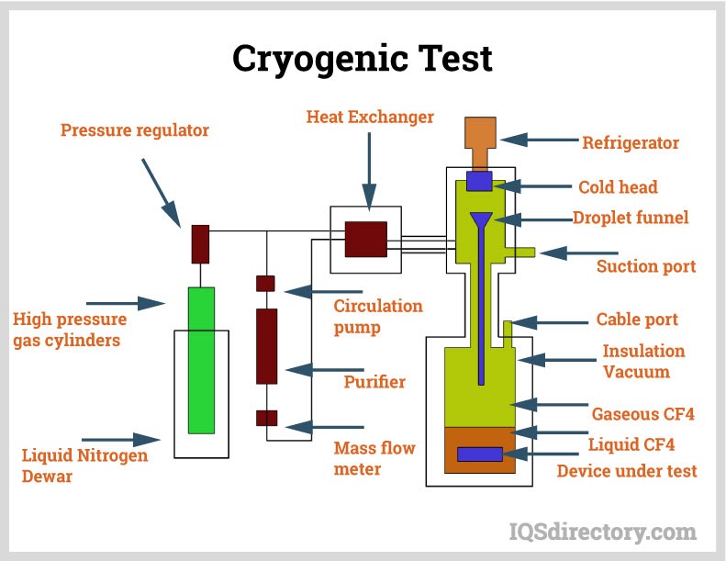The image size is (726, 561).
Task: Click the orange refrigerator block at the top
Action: point(480,135)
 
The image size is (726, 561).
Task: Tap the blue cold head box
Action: point(479,181)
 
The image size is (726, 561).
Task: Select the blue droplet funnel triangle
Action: point(481,220)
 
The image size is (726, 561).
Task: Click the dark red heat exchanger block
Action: point(365,239)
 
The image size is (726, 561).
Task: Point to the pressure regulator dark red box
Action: point(200,243)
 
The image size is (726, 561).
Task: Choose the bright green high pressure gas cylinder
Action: point(201,359)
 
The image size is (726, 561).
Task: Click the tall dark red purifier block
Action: point(266,346)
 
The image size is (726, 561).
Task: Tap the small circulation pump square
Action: point(265,283)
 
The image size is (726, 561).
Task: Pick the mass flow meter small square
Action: point(266,418)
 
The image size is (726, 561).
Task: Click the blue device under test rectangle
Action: point(480,454)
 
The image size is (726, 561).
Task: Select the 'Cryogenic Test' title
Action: point(363,59)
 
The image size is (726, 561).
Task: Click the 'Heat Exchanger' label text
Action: point(370,118)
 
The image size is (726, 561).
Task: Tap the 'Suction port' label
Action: point(646,267)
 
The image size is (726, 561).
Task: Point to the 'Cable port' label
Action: point(637,320)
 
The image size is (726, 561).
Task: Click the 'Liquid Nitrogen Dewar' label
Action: point(84,466)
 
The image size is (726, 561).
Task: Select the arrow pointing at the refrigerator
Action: point(527,140)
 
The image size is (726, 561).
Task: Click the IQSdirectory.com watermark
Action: point(602,531)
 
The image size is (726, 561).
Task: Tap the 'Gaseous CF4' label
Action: point(642,414)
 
